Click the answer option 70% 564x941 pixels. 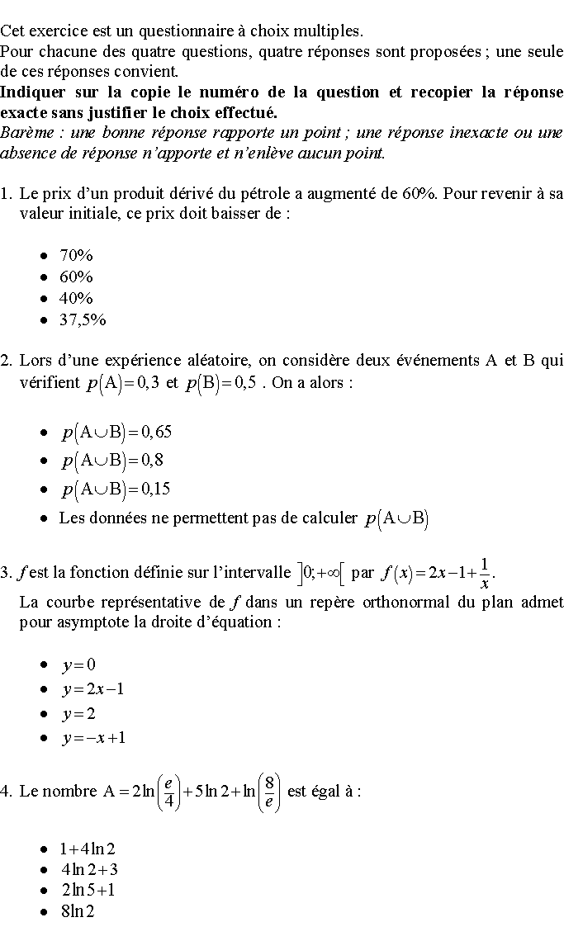tap(76, 255)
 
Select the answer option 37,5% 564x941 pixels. tap(83, 319)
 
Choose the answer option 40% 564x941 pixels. tap(76, 298)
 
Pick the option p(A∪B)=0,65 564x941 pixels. tap(116, 433)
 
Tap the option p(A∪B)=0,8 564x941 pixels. tap(112, 461)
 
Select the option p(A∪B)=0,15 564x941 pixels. tap(116, 489)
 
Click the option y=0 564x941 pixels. tap(78, 664)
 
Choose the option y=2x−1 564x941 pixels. tap(92, 689)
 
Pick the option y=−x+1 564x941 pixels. tap(93, 737)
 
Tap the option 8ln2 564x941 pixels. tap(77, 911)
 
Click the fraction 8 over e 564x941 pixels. tap(269, 792)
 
